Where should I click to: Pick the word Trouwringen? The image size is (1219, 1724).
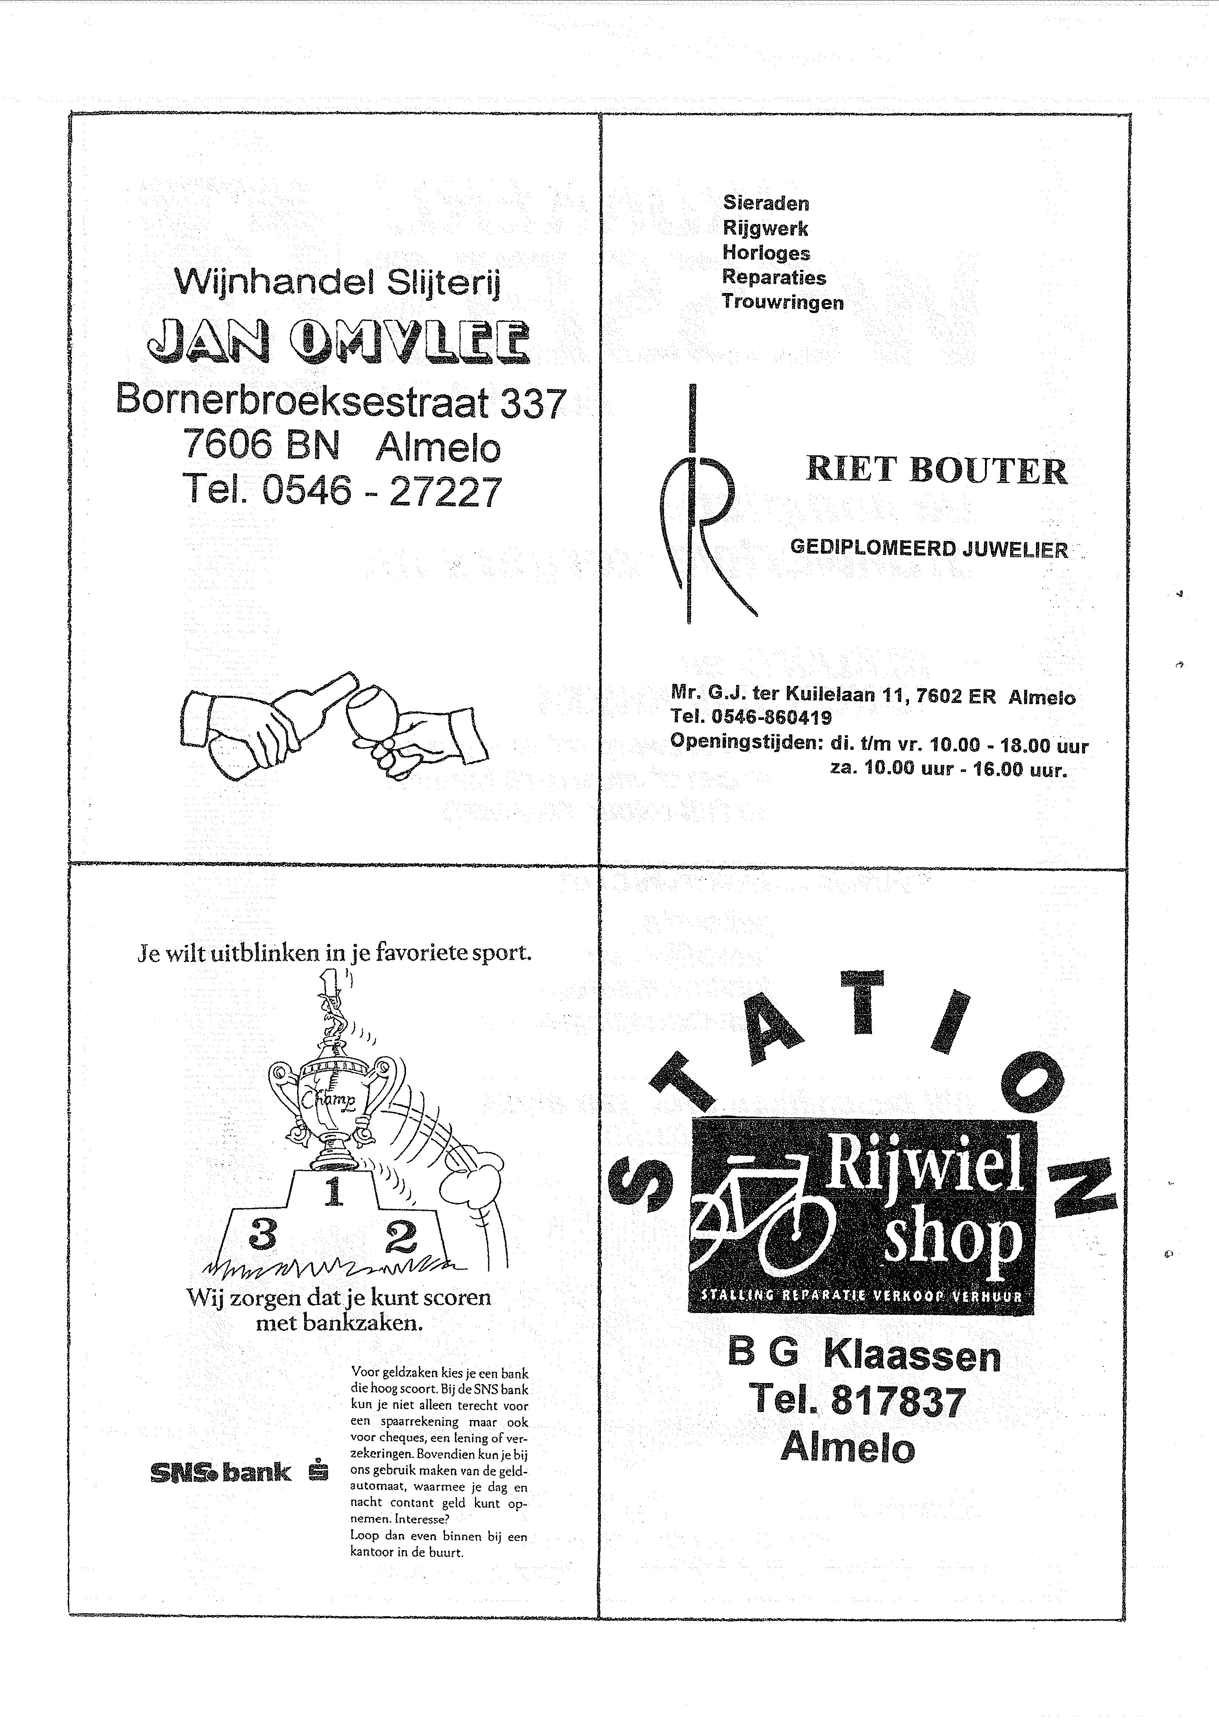[x=783, y=303]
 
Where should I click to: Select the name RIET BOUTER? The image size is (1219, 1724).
[x=936, y=471]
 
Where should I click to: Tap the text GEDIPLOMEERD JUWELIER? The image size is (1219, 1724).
[x=928, y=549]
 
